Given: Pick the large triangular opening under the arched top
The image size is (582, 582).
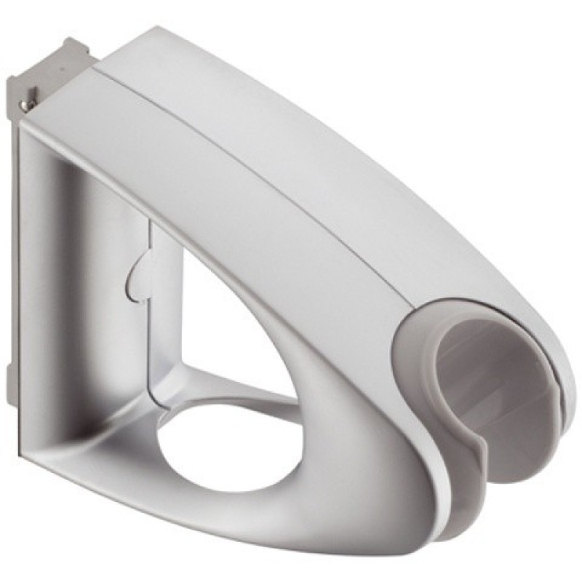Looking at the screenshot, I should pos(233,320).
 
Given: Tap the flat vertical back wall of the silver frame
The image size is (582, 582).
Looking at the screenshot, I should pos(58,291).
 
